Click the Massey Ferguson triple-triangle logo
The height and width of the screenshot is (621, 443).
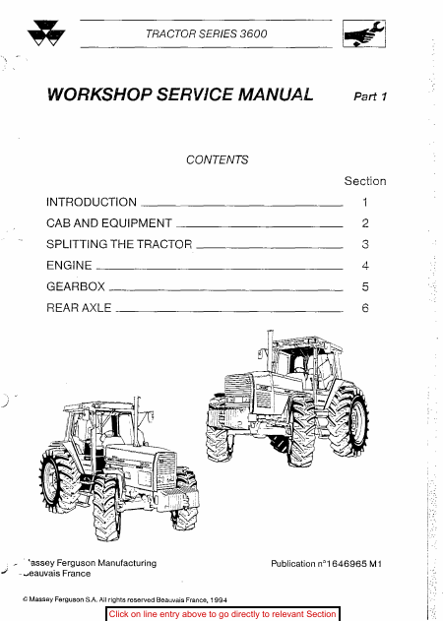click(x=46, y=32)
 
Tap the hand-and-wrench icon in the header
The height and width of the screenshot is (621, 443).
click(x=363, y=33)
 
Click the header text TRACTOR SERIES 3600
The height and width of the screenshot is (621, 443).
click(x=206, y=34)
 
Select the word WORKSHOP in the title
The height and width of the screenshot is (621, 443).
click(x=99, y=94)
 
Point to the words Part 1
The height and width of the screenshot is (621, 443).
click(x=370, y=96)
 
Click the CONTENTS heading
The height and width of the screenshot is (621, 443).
click(x=218, y=159)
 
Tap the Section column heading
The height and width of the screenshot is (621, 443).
click(x=365, y=181)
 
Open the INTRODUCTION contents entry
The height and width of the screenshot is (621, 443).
click(x=92, y=202)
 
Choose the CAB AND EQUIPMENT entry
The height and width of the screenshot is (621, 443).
click(x=109, y=223)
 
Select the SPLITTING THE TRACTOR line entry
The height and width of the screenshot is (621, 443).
click(x=119, y=244)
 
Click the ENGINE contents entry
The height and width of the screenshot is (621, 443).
click(x=69, y=265)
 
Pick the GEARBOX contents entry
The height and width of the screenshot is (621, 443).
click(x=76, y=286)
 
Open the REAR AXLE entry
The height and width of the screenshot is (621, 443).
click(x=79, y=308)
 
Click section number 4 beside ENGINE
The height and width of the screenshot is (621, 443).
click(x=365, y=266)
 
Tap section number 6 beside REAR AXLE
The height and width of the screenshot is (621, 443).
click(x=365, y=308)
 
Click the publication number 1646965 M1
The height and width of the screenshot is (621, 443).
click(x=354, y=564)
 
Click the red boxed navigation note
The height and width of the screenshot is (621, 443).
click(x=222, y=614)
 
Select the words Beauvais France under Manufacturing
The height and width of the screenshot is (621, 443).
click(x=57, y=574)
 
